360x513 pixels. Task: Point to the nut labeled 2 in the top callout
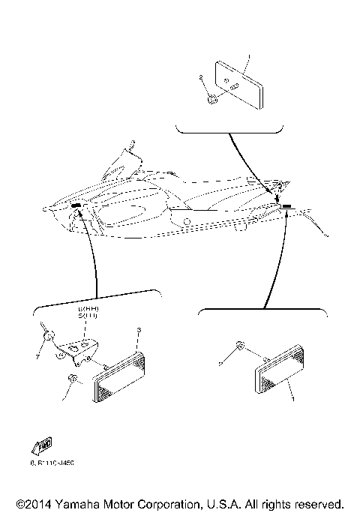coord(214,97)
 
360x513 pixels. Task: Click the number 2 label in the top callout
coord(202,77)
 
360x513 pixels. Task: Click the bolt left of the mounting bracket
coord(47,336)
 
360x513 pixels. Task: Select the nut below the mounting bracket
coord(73,380)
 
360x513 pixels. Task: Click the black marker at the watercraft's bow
coord(76,204)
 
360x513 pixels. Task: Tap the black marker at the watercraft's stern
coord(286,205)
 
